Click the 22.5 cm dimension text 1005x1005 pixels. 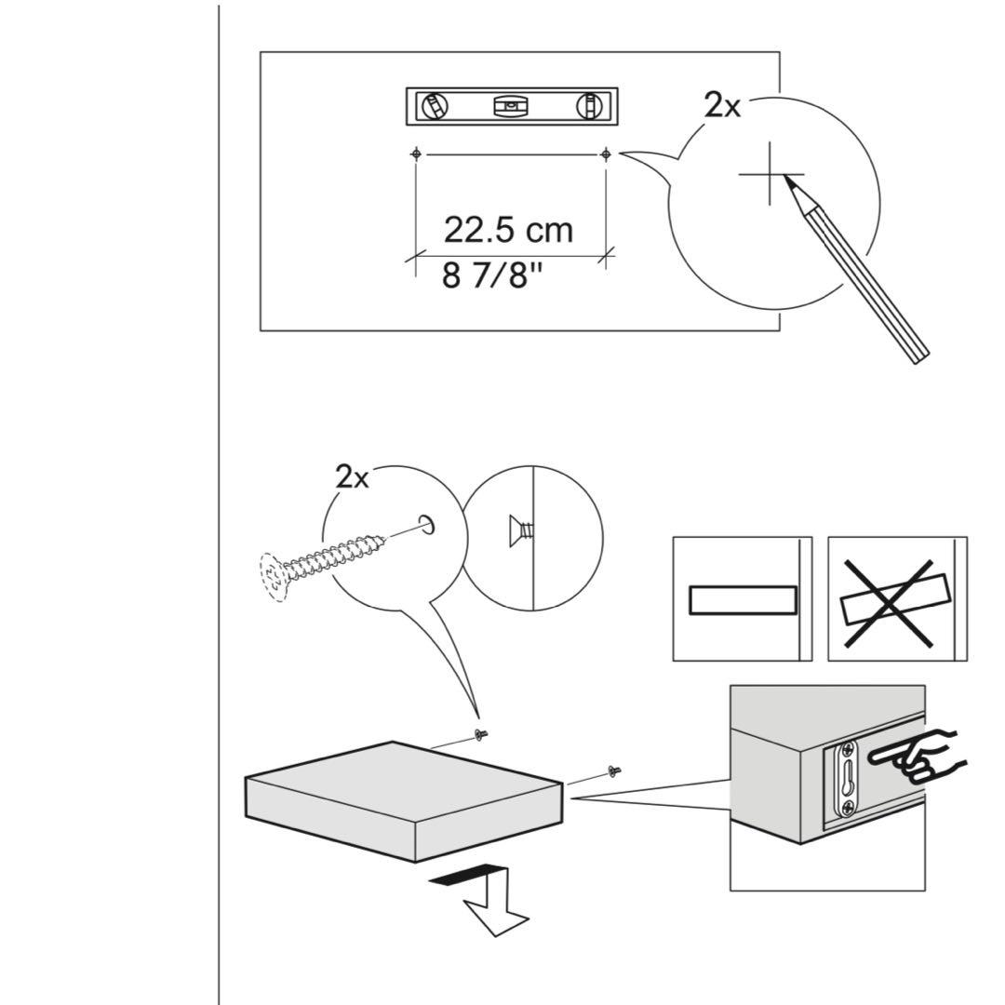pyautogui.click(x=508, y=230)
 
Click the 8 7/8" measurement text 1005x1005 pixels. pyautogui.click(x=491, y=276)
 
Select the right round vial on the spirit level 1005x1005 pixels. pyautogui.click(x=588, y=106)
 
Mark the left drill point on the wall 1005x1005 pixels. pyautogui.click(x=416, y=154)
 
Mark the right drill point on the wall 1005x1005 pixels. pyautogui.click(x=606, y=154)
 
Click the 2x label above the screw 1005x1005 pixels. pyautogui.click(x=352, y=478)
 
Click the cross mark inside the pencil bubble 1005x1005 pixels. pyautogui.click(x=770, y=174)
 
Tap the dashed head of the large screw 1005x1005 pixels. pyautogui.click(x=274, y=579)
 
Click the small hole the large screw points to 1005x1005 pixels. pyautogui.click(x=428, y=525)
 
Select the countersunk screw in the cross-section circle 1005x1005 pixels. pyautogui.click(x=519, y=531)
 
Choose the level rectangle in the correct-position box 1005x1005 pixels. pyautogui.click(x=743, y=600)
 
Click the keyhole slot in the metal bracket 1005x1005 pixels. pyautogui.click(x=848, y=779)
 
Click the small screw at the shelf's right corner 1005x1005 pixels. pyautogui.click(x=614, y=770)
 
